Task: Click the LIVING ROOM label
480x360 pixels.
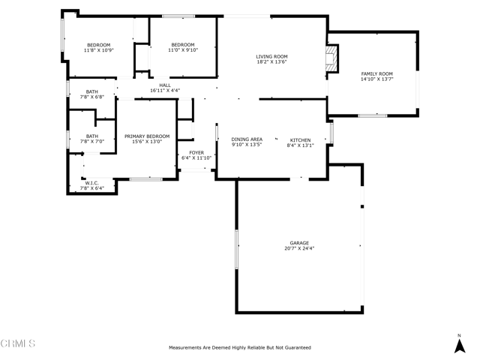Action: (271, 57)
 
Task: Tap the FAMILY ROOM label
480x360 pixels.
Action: (376, 73)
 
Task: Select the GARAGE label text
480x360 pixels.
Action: (299, 243)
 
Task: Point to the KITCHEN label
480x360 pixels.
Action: (300, 140)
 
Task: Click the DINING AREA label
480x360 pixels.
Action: (247, 139)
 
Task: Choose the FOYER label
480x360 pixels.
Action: (196, 153)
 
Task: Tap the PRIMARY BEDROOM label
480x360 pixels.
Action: (147, 136)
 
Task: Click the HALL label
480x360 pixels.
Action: (165, 85)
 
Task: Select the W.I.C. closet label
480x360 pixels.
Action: (91, 183)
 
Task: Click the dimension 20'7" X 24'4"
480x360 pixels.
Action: (299, 248)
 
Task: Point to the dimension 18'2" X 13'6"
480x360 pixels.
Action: (271, 61)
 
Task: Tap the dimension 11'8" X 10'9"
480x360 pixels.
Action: (98, 50)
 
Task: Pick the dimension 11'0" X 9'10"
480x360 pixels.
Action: (183, 50)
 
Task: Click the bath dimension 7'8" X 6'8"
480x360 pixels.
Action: (92, 97)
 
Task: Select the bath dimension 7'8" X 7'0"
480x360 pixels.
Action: (92, 142)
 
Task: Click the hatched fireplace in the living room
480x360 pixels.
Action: (331, 58)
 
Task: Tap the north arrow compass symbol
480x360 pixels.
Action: (460, 344)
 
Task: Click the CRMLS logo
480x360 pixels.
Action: (18, 343)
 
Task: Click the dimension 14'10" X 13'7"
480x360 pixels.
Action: (376, 79)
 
